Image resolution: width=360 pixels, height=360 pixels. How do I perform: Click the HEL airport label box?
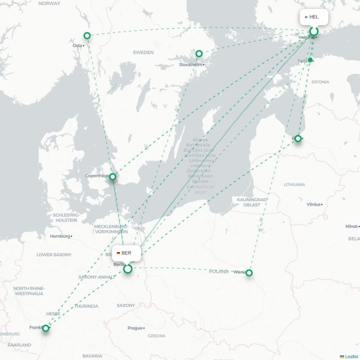[314, 17]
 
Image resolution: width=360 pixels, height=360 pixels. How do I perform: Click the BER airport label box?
[126, 253]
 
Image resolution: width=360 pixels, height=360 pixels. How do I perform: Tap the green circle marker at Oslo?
[87, 36]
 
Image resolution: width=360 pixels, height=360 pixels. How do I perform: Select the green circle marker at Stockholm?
[199, 54]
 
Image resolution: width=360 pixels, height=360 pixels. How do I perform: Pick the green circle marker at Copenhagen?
[112, 177]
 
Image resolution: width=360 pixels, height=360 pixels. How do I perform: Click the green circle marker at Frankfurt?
[45, 328]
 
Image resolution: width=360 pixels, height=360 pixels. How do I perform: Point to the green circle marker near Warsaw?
[249, 273]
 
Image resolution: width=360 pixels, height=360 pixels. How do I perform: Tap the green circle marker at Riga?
[298, 139]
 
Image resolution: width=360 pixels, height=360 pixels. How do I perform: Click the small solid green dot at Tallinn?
[310, 60]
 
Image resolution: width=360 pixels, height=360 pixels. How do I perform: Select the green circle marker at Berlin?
[128, 269]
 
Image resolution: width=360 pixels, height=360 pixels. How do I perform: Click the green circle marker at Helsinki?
[314, 31]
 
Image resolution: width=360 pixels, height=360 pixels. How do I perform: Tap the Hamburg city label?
[60, 236]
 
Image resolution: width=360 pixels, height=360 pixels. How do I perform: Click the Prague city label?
[135, 328]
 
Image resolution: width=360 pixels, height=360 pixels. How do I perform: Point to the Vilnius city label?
[313, 204]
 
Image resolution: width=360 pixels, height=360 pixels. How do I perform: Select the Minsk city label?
[352, 226]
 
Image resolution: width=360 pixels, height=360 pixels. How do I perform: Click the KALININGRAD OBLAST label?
[252, 202]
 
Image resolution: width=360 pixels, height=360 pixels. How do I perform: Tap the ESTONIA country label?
[320, 82]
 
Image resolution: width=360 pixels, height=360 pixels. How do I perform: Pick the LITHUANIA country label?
[294, 184]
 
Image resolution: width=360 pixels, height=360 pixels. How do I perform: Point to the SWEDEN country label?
[143, 53]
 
